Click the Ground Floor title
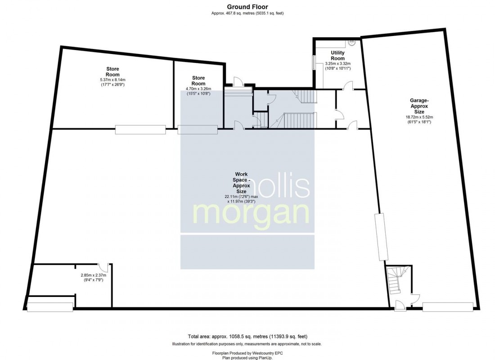point(247,6)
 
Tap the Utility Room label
point(337,56)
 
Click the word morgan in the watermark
point(252,213)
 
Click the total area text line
point(247,337)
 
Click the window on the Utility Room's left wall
point(315,62)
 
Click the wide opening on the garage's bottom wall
point(448,307)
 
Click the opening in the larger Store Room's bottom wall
point(140,130)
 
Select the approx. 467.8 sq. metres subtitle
point(247,13)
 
